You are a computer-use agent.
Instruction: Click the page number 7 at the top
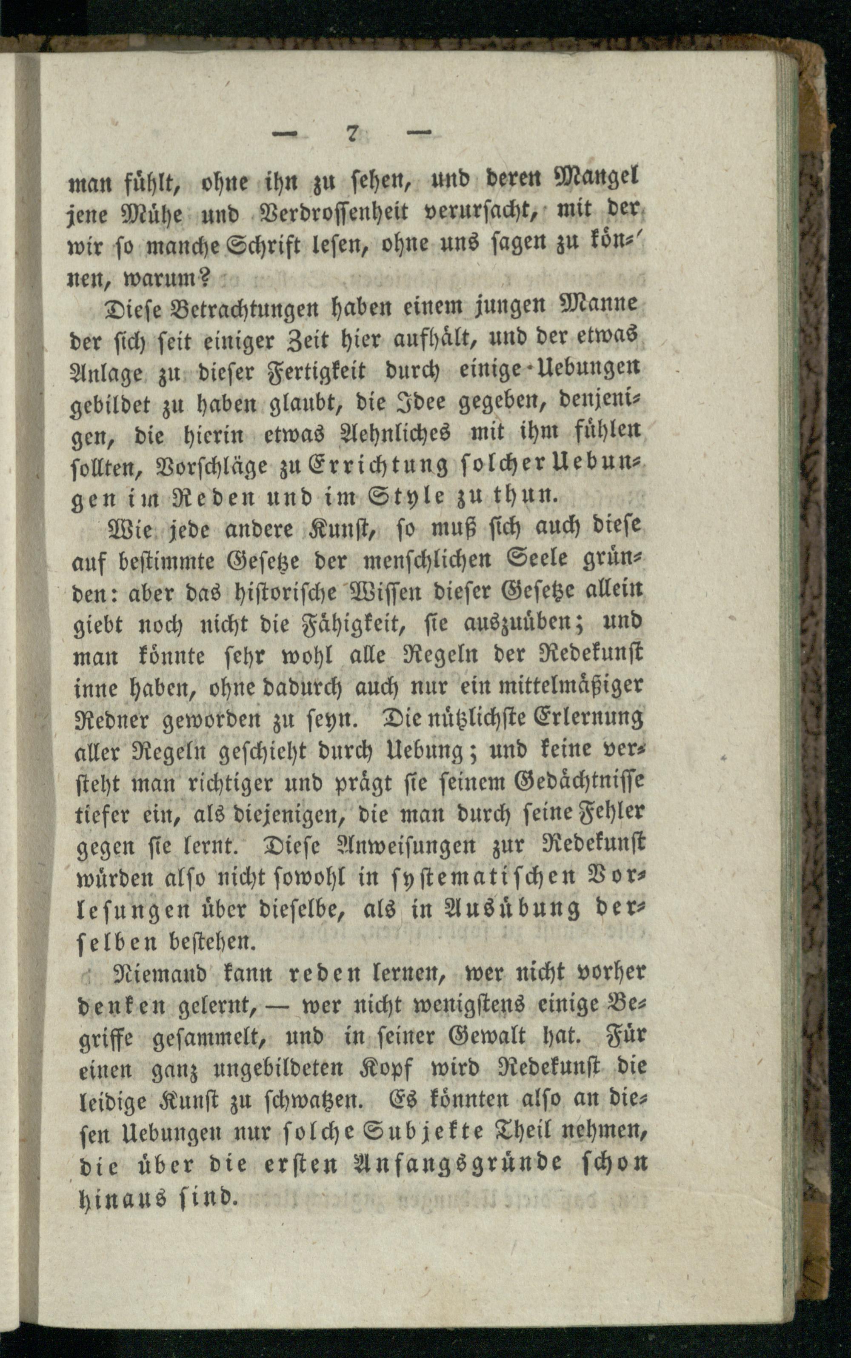(x=353, y=134)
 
